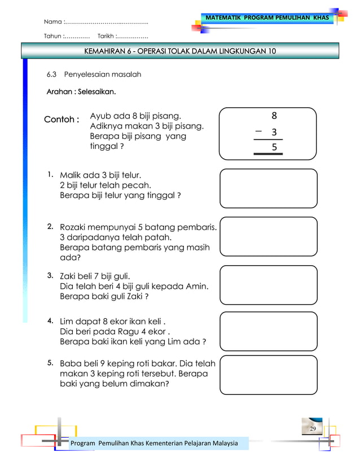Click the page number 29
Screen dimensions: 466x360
[312, 429]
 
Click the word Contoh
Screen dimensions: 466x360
[61, 120]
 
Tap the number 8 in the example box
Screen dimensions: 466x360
[274, 116]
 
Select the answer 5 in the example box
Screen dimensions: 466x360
[274, 147]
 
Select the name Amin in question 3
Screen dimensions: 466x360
[197, 286]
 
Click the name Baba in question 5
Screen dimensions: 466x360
[71, 364]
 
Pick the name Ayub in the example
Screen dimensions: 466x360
[100, 116]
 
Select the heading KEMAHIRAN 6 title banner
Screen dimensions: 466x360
[180, 51]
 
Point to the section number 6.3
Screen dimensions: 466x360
[52, 74]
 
